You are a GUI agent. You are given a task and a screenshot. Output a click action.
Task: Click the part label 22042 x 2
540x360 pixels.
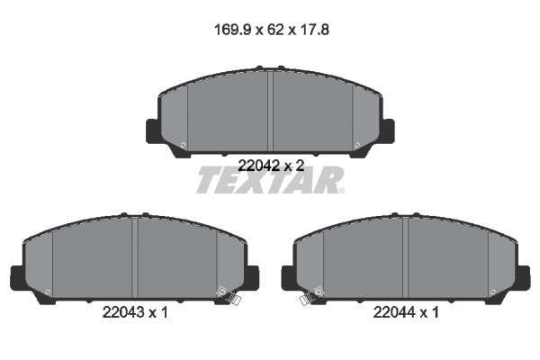coord(270,166)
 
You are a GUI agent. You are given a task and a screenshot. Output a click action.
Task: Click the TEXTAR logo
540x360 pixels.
coord(269,181)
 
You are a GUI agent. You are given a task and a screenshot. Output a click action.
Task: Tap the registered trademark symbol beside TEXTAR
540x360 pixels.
coord(341,190)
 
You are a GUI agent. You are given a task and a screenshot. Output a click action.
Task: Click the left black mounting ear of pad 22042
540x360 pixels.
coord(153,130)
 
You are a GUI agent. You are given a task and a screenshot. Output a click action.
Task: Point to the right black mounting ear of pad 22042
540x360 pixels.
coord(387,130)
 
